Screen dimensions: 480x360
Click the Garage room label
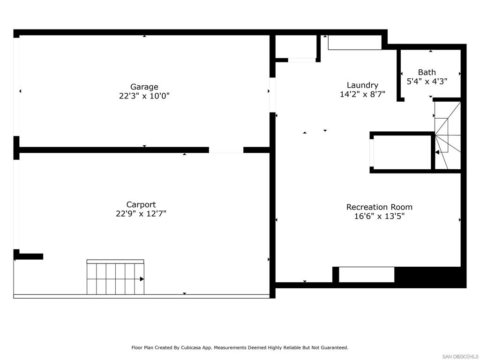pos(144,87)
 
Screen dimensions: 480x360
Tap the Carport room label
pos(141,204)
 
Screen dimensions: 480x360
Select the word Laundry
pos(362,85)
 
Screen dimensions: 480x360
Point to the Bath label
pos(427,72)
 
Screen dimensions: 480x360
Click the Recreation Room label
pos(379,207)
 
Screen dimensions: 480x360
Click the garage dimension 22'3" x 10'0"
pos(144,96)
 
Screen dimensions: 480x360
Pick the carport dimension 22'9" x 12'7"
pos(141,213)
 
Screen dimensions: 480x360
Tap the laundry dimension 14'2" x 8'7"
pos(362,94)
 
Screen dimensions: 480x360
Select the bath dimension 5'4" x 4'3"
pos(427,81)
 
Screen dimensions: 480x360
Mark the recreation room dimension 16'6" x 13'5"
pos(379,216)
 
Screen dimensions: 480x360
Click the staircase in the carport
pos(115,277)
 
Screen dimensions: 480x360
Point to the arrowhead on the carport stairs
pos(142,279)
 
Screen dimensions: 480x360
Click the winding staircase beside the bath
pos(448,135)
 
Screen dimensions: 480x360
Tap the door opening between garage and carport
pos(226,150)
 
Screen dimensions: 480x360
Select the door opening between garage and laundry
pos(272,95)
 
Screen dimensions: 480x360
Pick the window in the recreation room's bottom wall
pos(367,275)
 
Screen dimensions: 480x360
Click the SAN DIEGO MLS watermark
pos(460,356)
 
